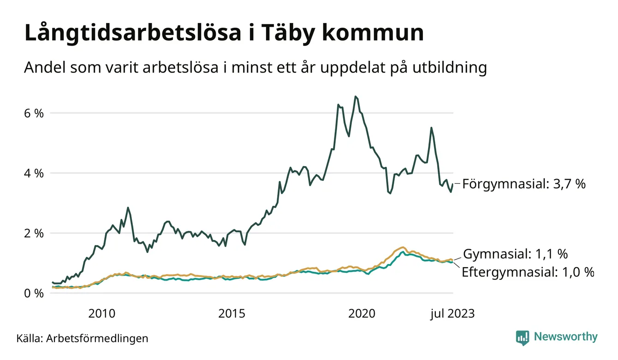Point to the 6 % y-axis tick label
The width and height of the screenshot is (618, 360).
34,113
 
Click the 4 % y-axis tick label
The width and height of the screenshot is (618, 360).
34,174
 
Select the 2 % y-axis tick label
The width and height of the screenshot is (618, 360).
34,234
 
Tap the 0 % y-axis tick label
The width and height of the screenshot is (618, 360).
34,294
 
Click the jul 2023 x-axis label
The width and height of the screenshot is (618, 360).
452,314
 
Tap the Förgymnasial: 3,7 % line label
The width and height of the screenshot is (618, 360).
523,184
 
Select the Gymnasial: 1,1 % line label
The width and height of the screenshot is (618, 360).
515,254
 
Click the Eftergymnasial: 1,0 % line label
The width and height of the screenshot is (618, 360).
528,272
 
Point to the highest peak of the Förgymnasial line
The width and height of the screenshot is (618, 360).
355,96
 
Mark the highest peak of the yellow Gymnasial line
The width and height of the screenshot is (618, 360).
403,247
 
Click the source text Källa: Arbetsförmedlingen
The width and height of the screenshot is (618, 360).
83,338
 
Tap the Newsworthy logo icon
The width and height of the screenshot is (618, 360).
522,337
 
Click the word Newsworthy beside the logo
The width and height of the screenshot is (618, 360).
565,337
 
